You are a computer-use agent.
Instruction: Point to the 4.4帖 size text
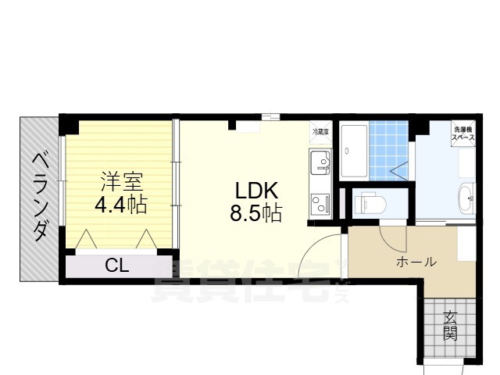click(121, 206)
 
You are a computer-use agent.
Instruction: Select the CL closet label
click(117, 266)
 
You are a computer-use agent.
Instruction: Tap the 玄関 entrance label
click(450, 326)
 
